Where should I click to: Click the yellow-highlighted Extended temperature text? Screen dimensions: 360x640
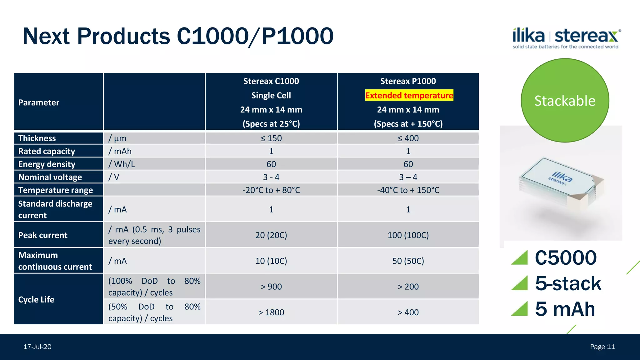click(409, 95)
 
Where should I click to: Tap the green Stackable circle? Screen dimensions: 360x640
click(565, 101)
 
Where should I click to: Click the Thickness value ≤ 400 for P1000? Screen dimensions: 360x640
click(408, 138)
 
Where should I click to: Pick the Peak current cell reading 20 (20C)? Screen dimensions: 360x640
click(271, 235)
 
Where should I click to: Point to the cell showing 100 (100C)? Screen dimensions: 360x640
click(408, 235)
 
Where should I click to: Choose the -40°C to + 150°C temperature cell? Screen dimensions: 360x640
click(408, 190)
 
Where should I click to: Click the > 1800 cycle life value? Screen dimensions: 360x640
click(271, 312)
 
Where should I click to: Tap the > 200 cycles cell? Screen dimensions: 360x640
click(408, 287)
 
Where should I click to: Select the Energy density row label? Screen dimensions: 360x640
click(47, 164)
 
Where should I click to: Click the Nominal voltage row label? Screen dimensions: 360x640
click(50, 177)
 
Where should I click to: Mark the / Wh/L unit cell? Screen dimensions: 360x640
click(122, 164)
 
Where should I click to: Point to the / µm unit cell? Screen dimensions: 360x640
click(117, 138)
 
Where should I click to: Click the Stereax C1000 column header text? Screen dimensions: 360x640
click(271, 81)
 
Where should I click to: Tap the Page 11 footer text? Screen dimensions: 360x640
click(602, 347)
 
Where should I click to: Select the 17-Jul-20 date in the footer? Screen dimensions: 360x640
click(37, 347)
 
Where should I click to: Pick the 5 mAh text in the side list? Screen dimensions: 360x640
click(565, 309)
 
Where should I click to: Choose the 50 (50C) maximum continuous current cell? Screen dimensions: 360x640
click(408, 261)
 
